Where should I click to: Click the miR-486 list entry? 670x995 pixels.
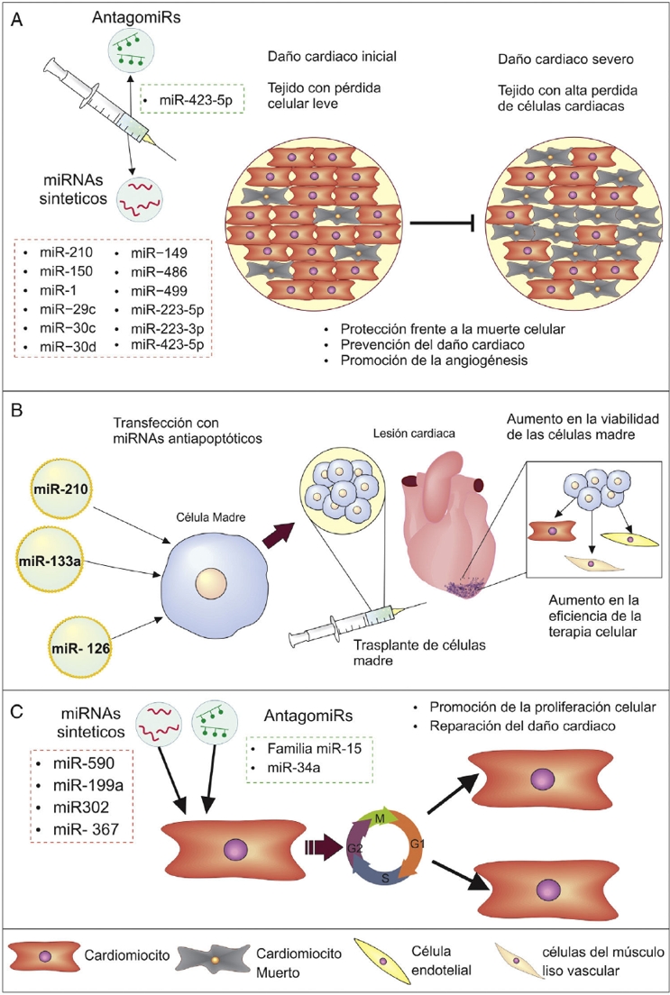click(x=159, y=272)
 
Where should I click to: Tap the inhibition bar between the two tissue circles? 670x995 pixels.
click(x=444, y=224)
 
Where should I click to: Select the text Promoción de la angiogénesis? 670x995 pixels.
click(x=435, y=361)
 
